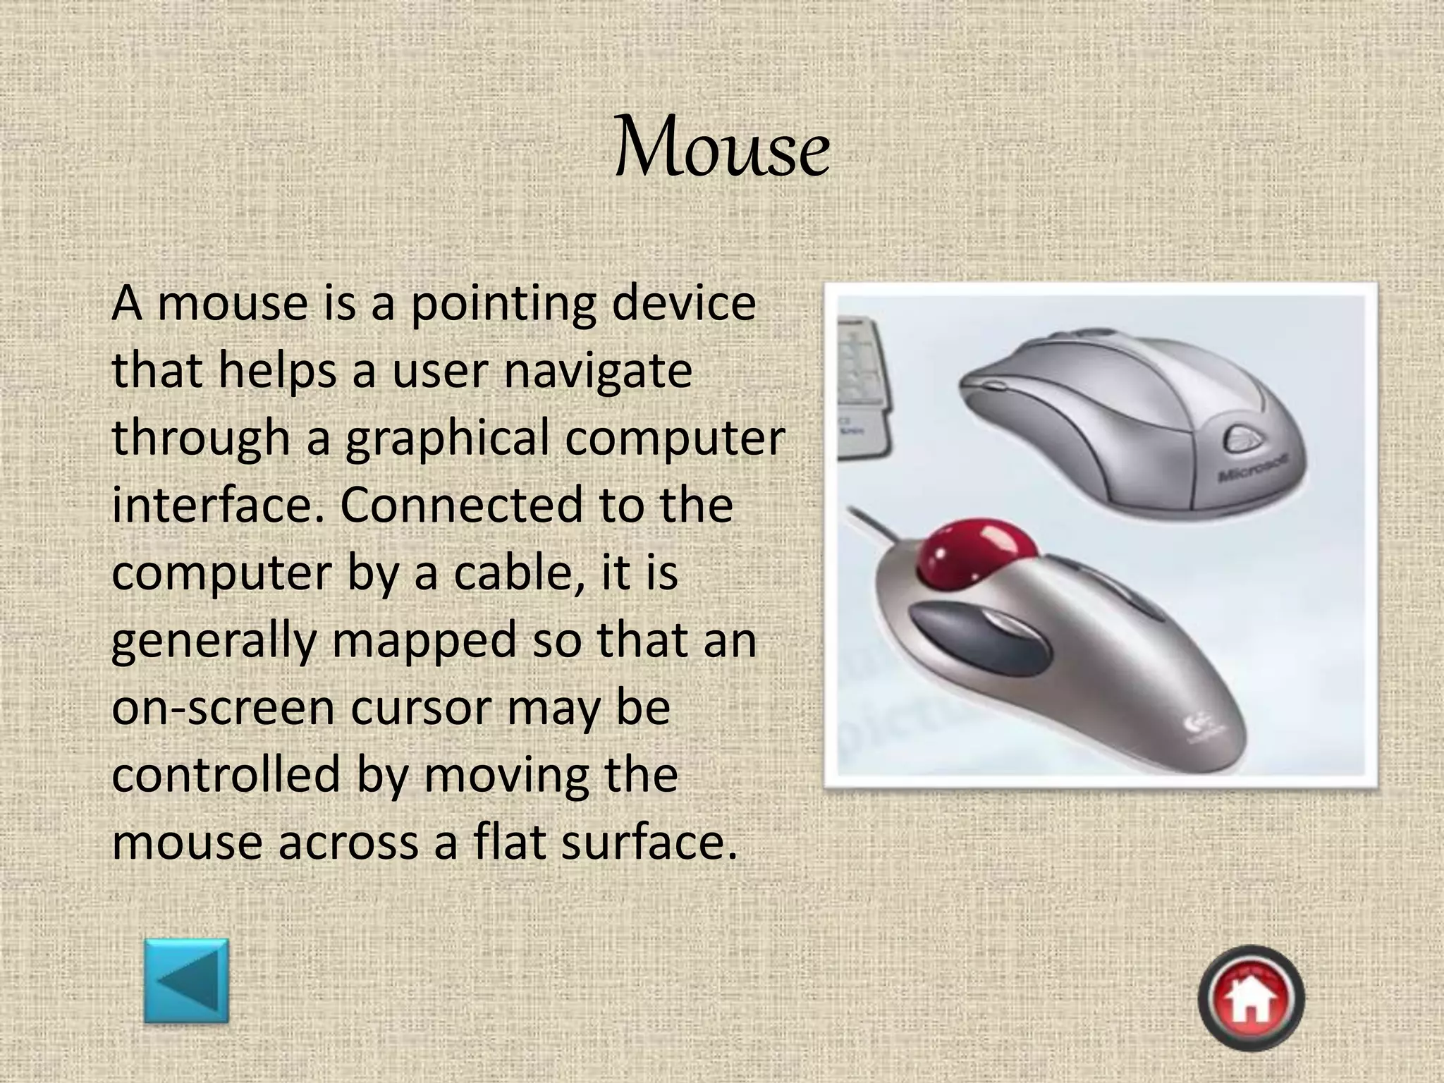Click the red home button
[1251, 998]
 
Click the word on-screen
[223, 708]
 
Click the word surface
[649, 842]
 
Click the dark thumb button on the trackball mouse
[980, 637]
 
